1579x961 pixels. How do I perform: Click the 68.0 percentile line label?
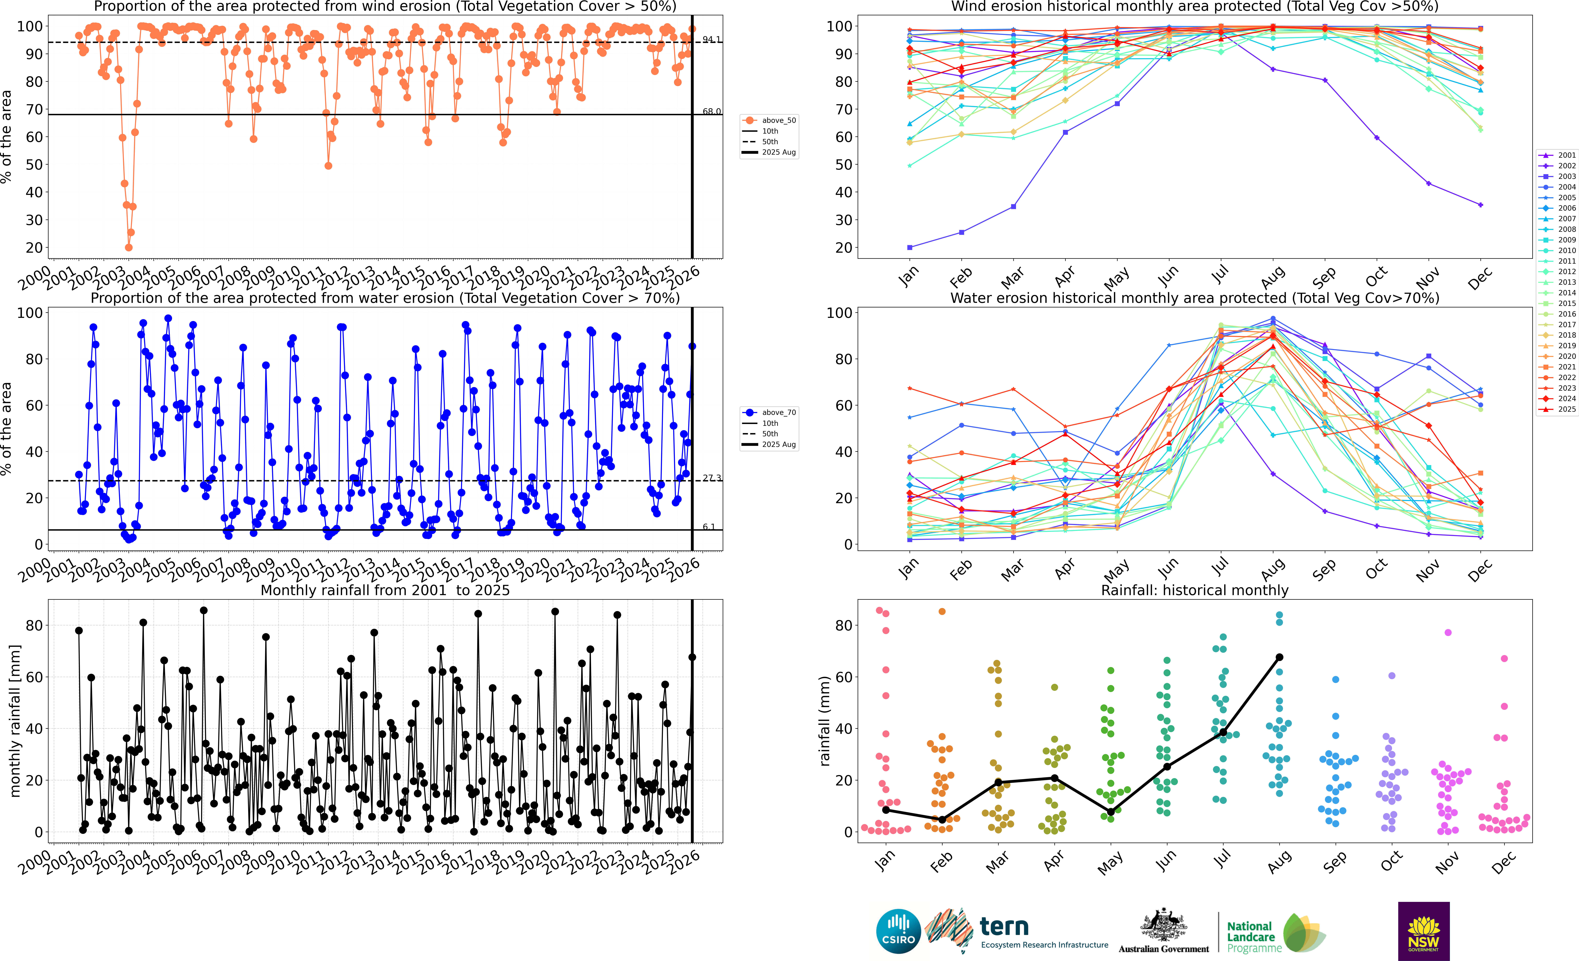711,112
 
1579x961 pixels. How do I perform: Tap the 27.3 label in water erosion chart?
711,478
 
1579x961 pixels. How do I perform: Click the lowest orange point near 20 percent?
129,247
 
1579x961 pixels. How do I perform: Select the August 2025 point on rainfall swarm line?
1279,657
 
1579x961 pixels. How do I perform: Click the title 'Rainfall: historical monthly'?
1195,590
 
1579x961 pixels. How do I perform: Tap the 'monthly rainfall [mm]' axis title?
15,721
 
